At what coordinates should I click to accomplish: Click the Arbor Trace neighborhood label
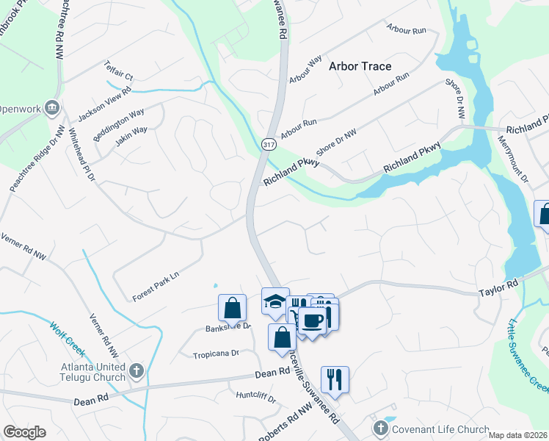[x=360, y=66]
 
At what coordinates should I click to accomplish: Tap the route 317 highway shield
[x=269, y=143]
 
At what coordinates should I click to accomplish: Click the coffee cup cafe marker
[x=313, y=320]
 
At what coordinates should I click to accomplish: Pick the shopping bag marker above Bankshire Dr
[x=232, y=308]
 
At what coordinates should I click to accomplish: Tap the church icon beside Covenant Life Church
[x=380, y=429]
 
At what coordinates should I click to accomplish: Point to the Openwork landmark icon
[x=52, y=109]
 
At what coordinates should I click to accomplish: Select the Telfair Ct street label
[x=119, y=71]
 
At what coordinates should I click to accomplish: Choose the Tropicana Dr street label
[x=216, y=354]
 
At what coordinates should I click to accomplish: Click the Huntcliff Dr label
[x=255, y=400]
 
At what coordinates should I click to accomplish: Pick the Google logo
[x=25, y=432]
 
